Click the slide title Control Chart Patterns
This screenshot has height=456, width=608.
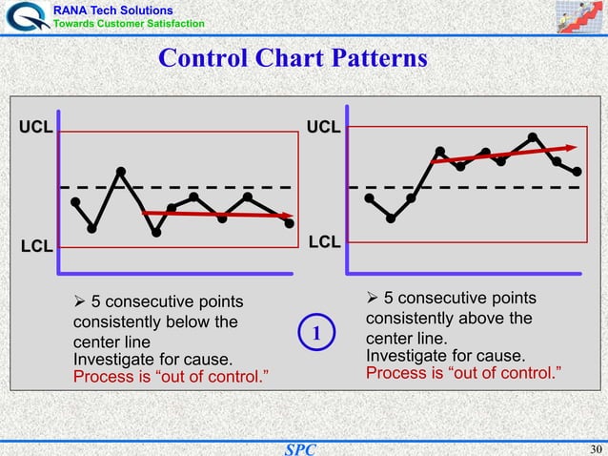click(293, 58)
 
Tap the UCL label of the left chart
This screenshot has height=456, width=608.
click(36, 126)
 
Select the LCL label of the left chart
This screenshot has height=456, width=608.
click(36, 247)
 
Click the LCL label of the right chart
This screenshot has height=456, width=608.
click(324, 243)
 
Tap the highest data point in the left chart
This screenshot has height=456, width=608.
click(121, 172)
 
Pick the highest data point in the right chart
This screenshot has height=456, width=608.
click(532, 136)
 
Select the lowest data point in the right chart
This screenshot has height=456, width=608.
click(391, 218)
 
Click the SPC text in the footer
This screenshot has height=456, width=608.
click(302, 448)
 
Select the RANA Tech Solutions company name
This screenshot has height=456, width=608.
click(112, 9)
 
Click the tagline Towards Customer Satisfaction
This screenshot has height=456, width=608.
click(128, 23)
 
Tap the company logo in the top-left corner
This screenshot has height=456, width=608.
click(25, 16)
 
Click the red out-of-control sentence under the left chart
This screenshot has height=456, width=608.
click(171, 376)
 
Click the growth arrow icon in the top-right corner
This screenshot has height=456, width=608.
click(579, 16)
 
